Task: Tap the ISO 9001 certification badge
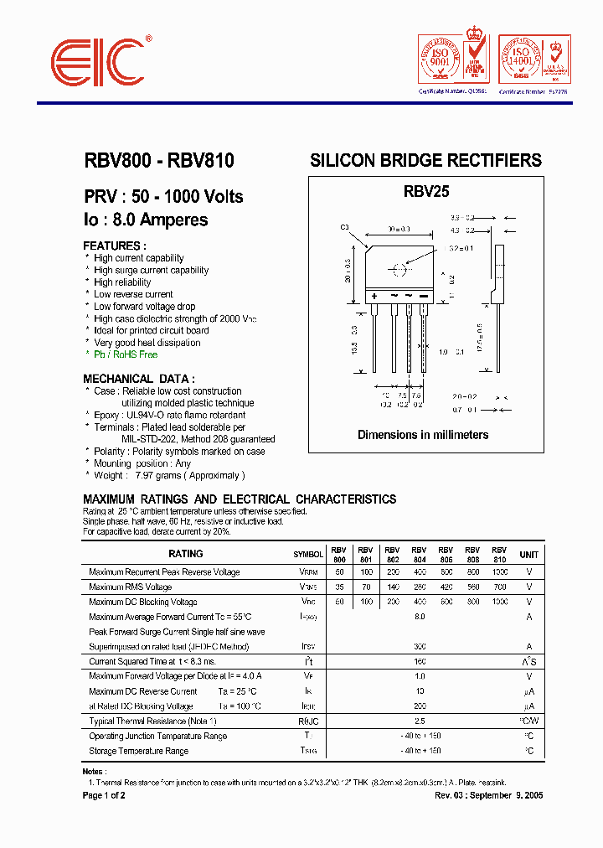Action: click(x=439, y=60)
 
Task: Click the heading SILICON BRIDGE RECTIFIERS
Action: click(x=425, y=160)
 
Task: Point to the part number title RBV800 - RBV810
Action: click(x=159, y=161)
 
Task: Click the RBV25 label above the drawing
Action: click(x=426, y=192)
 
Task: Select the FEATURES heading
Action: click(x=115, y=246)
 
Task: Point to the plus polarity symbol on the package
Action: click(x=374, y=297)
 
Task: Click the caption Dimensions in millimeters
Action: click(x=423, y=435)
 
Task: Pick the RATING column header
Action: click(x=185, y=554)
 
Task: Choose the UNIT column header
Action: click(x=529, y=555)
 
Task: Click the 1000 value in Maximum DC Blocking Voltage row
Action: click(x=499, y=602)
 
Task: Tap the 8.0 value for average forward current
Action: click(x=420, y=617)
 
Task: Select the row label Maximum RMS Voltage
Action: click(x=130, y=587)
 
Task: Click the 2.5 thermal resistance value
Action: click(x=420, y=721)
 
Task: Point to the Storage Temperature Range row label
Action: click(x=139, y=751)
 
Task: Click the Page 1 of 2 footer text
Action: click(x=104, y=795)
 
